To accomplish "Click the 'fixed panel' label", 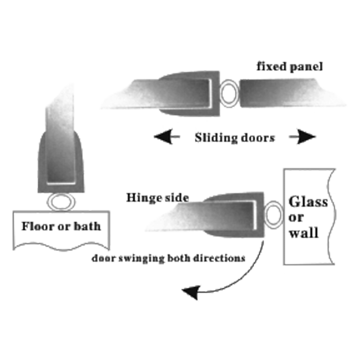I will click(x=290, y=68).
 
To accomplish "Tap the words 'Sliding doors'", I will click(x=234, y=137).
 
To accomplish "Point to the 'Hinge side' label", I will click(x=157, y=198).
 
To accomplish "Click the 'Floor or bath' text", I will click(x=61, y=225).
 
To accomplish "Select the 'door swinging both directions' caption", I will click(x=168, y=258).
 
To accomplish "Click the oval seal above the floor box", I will click(x=61, y=201).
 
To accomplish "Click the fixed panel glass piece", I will click(x=292, y=93).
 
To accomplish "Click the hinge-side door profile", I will click(x=211, y=215).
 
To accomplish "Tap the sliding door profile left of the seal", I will click(x=166, y=94).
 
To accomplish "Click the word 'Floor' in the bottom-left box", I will click(x=36, y=225).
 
